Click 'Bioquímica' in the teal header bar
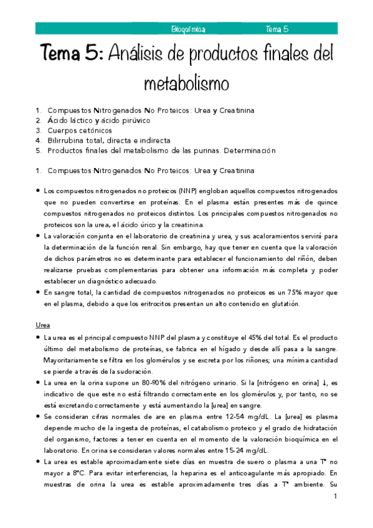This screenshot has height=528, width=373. pos(189,29)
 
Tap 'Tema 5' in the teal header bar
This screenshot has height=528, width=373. pos(276,29)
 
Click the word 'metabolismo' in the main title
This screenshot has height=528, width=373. pos(187,83)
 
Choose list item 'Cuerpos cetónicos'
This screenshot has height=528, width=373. pos(80,131)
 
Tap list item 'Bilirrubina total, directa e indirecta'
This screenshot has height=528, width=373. pos(108,141)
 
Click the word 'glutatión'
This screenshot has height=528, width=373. pos(284,304)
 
